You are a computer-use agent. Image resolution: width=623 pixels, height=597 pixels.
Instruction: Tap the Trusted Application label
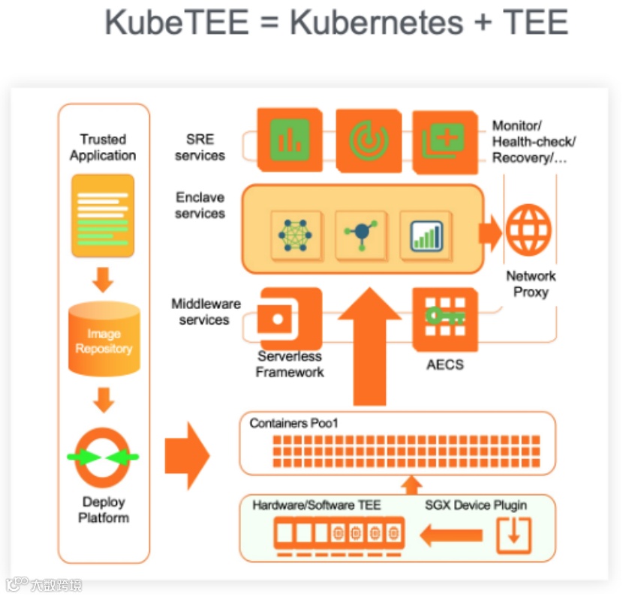click(x=103, y=148)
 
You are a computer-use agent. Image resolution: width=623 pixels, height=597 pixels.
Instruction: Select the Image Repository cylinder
click(x=104, y=340)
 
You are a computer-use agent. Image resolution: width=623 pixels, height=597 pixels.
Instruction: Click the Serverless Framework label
click(x=290, y=364)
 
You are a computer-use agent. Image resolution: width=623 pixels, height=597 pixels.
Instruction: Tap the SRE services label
click(x=200, y=148)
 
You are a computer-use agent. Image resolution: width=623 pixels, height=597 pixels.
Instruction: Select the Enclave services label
click(x=200, y=205)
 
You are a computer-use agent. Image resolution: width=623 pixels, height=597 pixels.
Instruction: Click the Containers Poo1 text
click(x=294, y=424)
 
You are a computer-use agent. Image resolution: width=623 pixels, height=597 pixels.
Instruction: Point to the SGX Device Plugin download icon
click(x=513, y=535)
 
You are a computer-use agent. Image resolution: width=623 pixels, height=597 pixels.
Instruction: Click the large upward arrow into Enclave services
click(x=369, y=345)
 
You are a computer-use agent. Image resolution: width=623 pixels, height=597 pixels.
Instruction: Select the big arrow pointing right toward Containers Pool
click(x=187, y=455)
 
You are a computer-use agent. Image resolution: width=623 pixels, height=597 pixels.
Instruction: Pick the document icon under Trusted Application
click(x=103, y=215)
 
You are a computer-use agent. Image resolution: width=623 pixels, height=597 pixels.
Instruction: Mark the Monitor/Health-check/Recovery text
click(x=534, y=142)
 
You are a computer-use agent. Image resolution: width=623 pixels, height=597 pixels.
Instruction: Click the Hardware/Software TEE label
click(x=316, y=505)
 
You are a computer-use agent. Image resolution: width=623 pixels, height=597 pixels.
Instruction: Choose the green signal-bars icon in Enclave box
click(x=426, y=235)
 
